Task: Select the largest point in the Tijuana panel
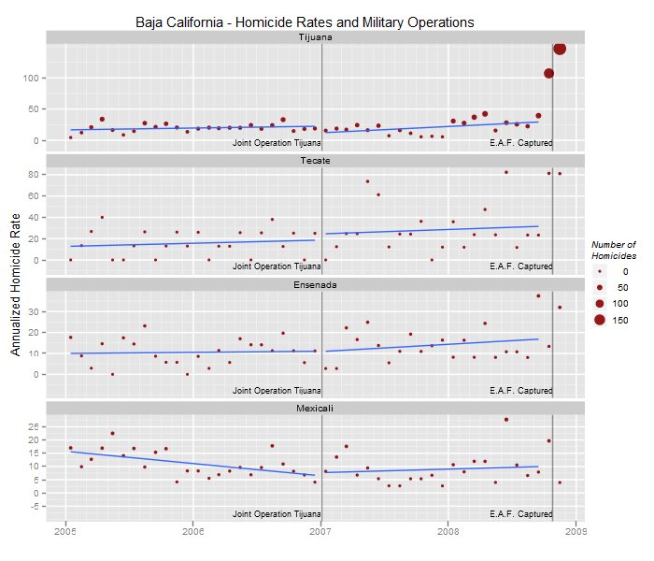(x=560, y=50)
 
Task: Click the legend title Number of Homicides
(x=614, y=250)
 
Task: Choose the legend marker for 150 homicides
(x=599, y=321)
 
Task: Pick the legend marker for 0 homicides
(x=599, y=270)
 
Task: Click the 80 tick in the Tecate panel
(x=37, y=174)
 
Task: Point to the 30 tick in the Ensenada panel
(x=37, y=311)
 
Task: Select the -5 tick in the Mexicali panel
(x=37, y=506)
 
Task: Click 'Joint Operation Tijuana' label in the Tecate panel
(x=276, y=266)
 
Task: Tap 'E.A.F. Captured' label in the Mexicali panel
(x=520, y=514)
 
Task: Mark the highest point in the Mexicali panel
(x=505, y=420)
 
